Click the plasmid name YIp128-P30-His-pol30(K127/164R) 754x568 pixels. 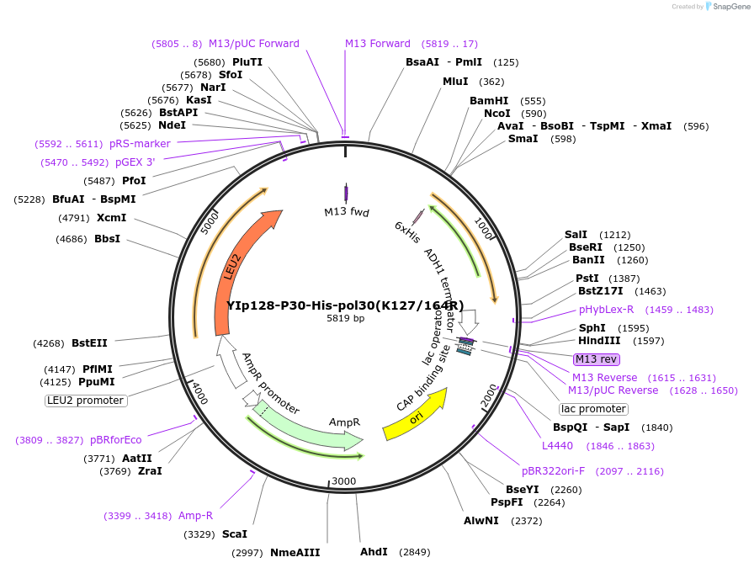(x=345, y=305)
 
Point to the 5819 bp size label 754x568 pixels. (x=345, y=319)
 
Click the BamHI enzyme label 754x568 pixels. (x=489, y=101)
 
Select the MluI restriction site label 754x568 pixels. (x=456, y=82)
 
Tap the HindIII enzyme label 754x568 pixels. (x=599, y=341)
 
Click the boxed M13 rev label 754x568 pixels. (x=597, y=359)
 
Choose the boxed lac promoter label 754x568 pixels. (x=593, y=409)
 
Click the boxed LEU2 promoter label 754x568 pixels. (x=85, y=401)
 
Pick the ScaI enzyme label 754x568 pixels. (x=235, y=534)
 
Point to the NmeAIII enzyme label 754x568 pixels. (x=295, y=553)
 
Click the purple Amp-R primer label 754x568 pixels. (x=195, y=516)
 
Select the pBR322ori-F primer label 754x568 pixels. (x=553, y=471)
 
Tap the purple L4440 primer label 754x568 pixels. (x=557, y=446)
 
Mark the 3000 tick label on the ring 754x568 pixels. (x=344, y=480)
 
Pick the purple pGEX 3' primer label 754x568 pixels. (x=135, y=162)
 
